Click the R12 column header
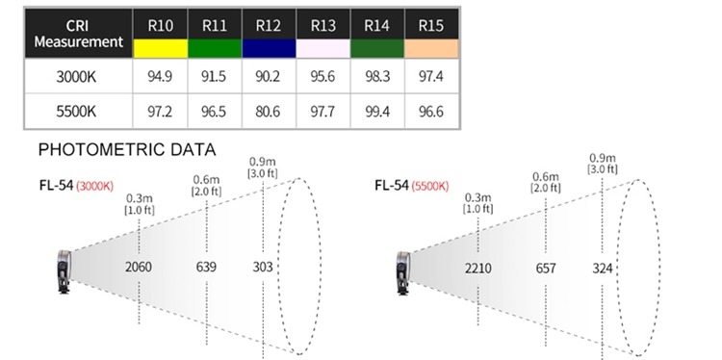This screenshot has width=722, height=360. (269, 25)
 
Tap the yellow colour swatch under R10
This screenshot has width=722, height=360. (160, 48)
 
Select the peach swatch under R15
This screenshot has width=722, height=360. (431, 48)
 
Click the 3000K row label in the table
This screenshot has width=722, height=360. (76, 76)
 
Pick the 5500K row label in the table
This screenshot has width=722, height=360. (76, 112)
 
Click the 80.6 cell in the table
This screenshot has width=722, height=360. (268, 112)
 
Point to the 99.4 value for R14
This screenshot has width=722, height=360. (377, 112)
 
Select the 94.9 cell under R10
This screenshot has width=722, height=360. (160, 76)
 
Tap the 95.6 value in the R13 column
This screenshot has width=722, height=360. (322, 76)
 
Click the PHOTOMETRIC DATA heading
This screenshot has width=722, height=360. (127, 149)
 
